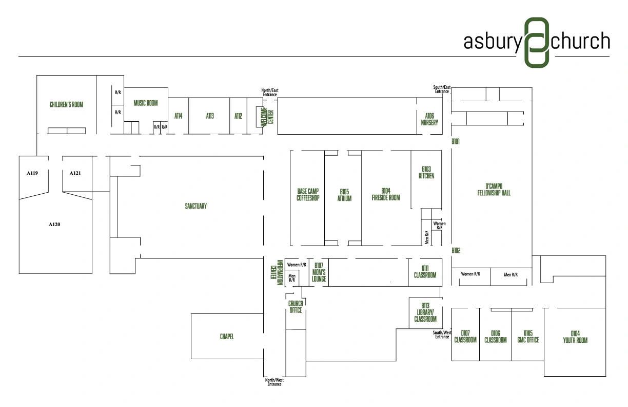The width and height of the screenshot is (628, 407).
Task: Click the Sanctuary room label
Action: [195, 206]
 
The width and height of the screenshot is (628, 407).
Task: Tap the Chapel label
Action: [227, 337]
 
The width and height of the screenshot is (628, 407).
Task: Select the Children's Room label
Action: [67, 104]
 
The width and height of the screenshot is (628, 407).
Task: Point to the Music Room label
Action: [146, 103]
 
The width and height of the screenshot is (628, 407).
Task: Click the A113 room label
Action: [210, 116]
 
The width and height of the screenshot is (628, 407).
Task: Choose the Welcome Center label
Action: [267, 117]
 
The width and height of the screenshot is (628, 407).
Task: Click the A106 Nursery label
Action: [429, 119]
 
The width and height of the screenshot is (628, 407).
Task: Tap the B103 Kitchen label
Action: [426, 173]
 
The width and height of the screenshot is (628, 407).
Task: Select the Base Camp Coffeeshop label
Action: [308, 195]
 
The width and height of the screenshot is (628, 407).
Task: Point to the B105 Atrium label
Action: [344, 195]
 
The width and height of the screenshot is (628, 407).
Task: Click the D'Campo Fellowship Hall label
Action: [494, 190]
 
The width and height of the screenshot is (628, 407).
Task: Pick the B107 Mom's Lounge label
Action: [319, 272]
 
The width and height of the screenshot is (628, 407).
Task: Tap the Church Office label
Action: [296, 307]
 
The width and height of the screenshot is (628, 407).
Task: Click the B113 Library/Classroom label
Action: [425, 312]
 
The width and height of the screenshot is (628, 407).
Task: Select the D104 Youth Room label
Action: [575, 337]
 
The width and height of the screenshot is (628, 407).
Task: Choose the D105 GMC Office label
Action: [528, 337]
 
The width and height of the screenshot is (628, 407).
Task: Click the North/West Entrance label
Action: [274, 382]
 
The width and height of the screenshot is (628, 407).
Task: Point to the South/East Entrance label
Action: [442, 89]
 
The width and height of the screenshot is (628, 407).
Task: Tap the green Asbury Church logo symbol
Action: [537, 43]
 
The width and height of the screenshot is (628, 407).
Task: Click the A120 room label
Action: [54, 224]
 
